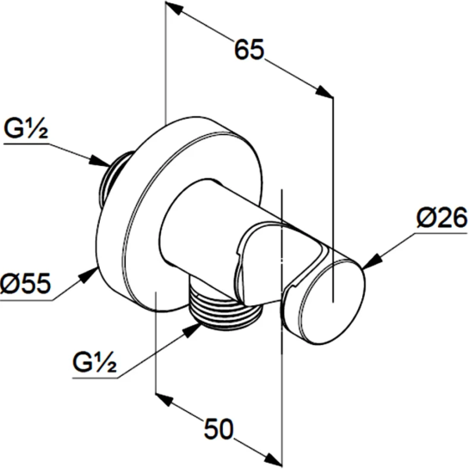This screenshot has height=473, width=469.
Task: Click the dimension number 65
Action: point(249,50)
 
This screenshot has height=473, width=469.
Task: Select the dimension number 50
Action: point(219,428)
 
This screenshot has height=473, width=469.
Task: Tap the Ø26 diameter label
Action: point(441,218)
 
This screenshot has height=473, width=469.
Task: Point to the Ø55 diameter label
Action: point(25,283)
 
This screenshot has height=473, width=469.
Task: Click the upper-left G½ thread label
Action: point(26,129)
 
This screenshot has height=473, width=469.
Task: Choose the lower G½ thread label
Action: point(95,362)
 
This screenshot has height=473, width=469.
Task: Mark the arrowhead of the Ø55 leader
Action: point(88,275)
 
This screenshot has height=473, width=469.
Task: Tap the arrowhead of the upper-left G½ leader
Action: point(100,161)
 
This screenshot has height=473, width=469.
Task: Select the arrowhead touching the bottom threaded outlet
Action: point(193,330)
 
